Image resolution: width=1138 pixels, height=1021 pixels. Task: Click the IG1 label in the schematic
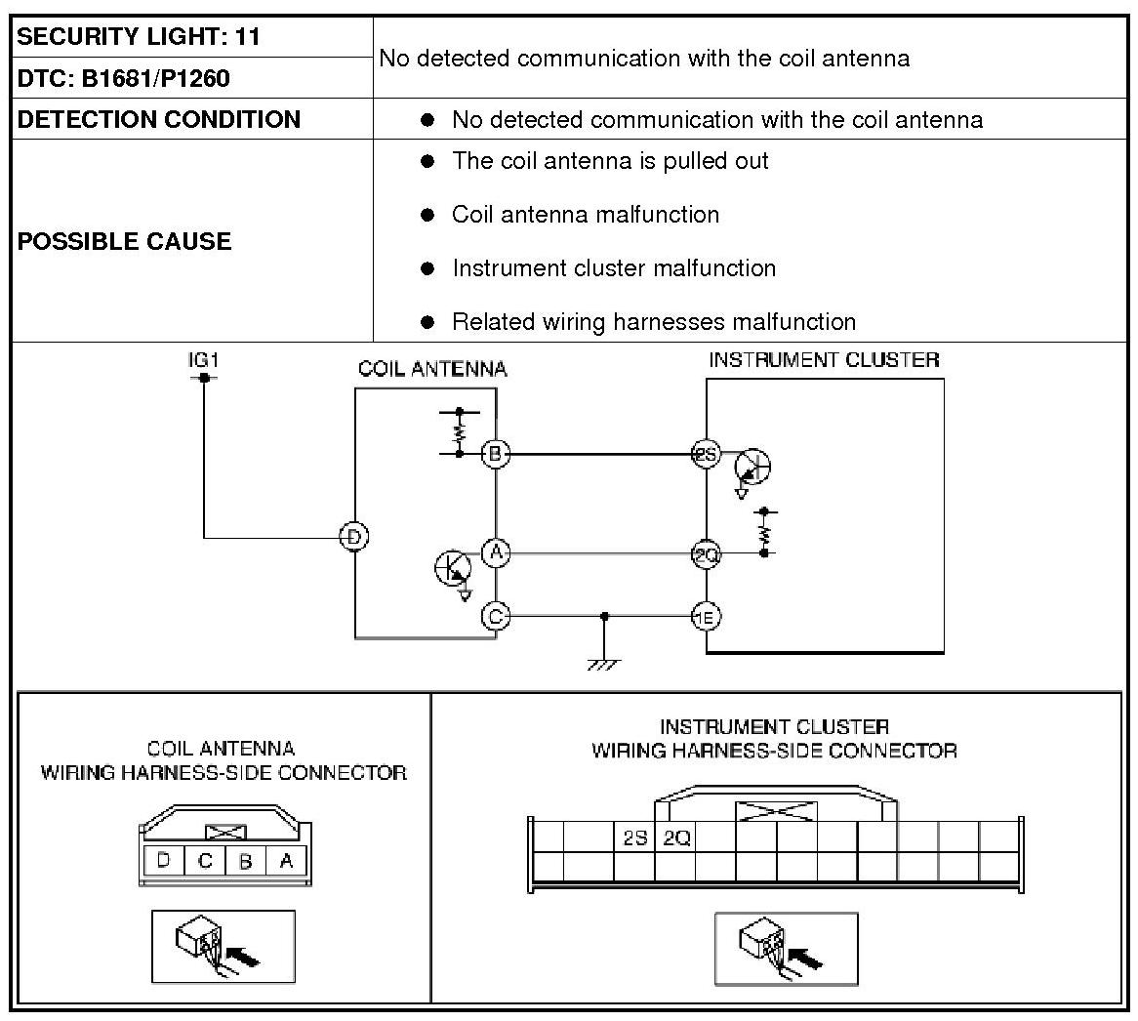[203, 360]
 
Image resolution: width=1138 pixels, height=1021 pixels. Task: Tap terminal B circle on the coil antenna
[496, 453]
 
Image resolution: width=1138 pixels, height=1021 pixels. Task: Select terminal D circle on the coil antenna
[354, 537]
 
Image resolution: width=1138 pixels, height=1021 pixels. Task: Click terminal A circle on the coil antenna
[496, 553]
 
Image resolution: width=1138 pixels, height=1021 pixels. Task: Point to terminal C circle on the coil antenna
[496, 616]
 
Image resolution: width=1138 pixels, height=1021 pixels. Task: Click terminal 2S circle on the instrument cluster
[706, 454]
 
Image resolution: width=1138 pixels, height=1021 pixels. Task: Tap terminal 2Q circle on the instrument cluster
[706, 554]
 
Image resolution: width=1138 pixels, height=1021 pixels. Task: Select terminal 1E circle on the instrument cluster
[706, 616]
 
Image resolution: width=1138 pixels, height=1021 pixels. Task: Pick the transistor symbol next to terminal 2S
[752, 467]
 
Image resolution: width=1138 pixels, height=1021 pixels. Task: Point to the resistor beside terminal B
[459, 431]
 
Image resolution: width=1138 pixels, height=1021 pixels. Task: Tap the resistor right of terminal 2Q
[764, 532]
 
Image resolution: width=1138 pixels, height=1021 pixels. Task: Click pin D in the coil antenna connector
[164, 861]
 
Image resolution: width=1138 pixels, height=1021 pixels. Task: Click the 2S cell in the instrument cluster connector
[634, 837]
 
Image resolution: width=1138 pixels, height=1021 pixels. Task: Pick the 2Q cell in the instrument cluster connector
[675, 837]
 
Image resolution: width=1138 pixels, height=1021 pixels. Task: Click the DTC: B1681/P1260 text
[124, 78]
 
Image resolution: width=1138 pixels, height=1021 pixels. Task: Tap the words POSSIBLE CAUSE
[125, 241]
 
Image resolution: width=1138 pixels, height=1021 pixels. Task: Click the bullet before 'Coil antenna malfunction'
[427, 215]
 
